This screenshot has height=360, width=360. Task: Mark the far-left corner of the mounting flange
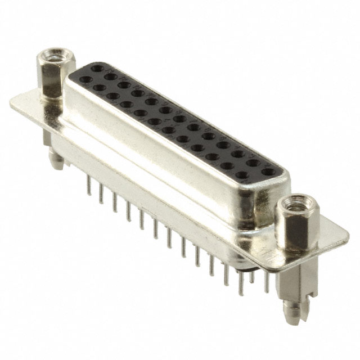(x=12, y=103)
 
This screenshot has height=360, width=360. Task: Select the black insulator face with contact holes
(x=180, y=118)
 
